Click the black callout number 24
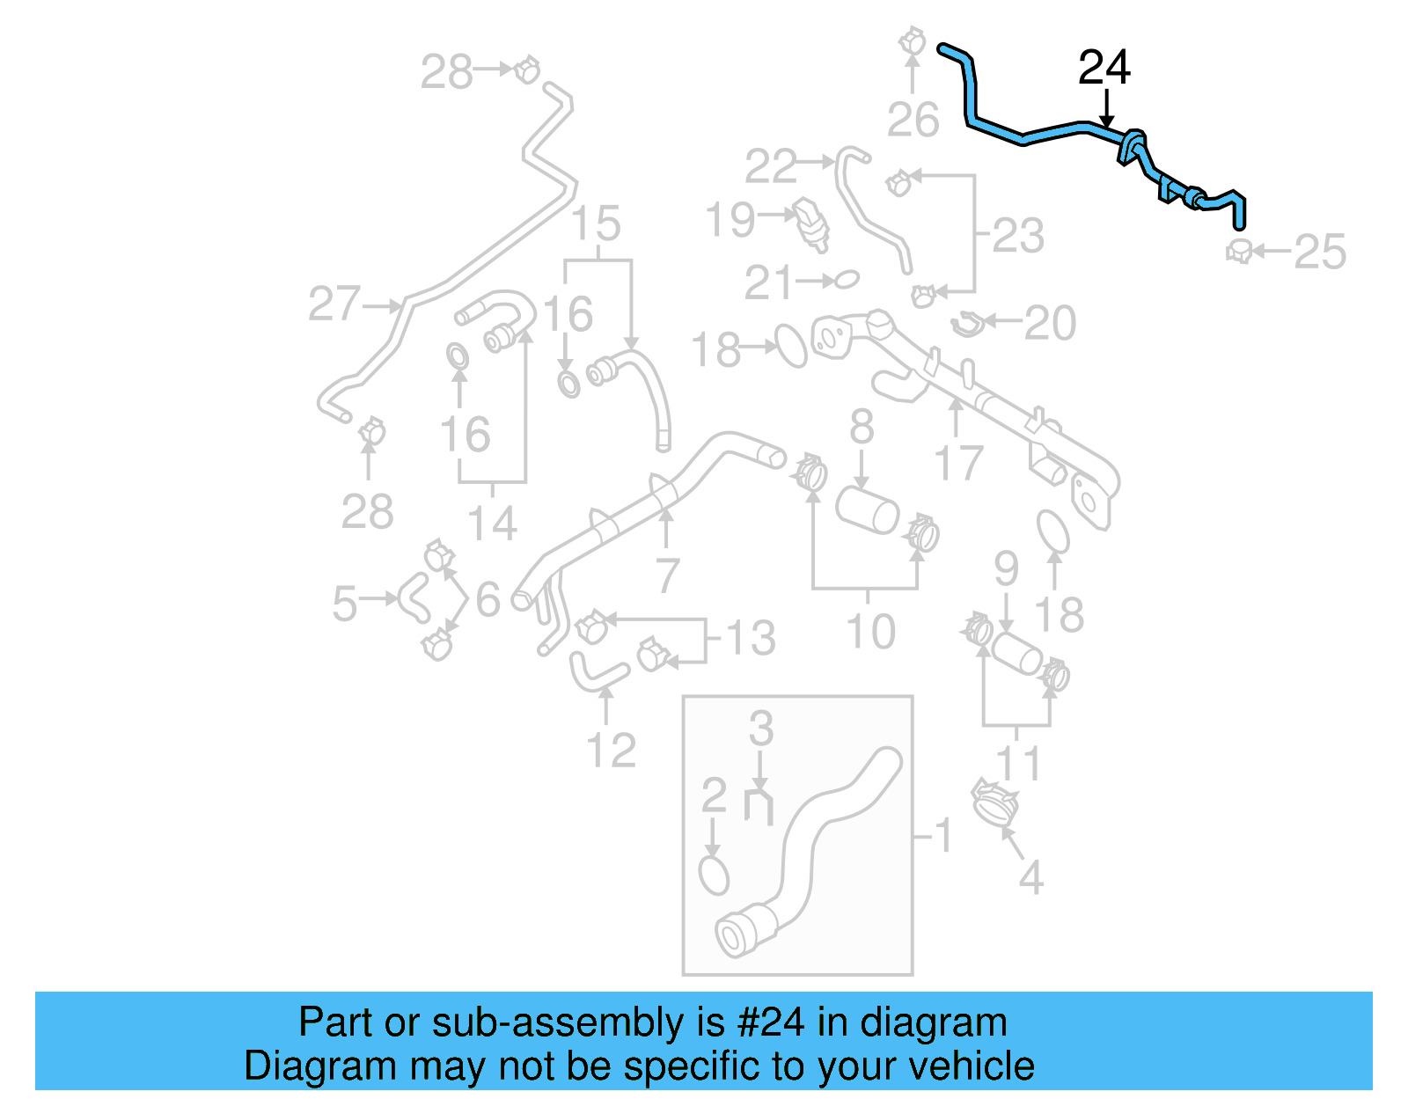(x=1104, y=68)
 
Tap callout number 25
(x=1320, y=253)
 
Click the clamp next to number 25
(x=1239, y=252)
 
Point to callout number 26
(x=913, y=120)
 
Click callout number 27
(x=334, y=304)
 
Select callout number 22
(x=771, y=166)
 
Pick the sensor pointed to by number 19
(x=812, y=223)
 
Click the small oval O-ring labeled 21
(x=845, y=280)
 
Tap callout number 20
(x=1051, y=323)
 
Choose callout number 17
(x=958, y=463)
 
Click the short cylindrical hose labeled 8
(x=868, y=510)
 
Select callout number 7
(x=668, y=576)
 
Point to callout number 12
(x=611, y=750)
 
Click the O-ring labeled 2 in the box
(x=714, y=876)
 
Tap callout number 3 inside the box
(x=761, y=729)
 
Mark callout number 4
(x=1030, y=877)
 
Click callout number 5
(x=344, y=604)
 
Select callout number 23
(x=1018, y=236)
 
